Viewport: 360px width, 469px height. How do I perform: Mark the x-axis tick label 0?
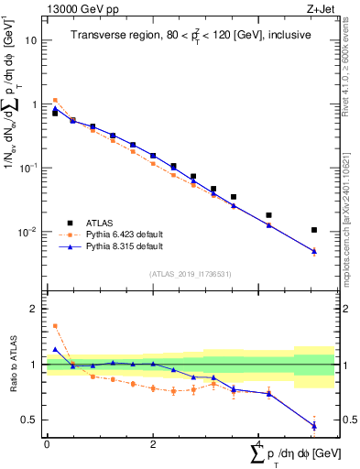[47, 443]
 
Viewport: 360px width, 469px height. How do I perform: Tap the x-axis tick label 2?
[152, 443]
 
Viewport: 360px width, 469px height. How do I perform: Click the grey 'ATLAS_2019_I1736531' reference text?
[191, 274]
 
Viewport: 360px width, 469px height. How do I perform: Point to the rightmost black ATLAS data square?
[314, 230]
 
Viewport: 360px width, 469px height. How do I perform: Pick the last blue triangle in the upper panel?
[314, 251]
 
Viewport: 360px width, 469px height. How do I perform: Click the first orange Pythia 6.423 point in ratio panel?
[55, 325]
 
